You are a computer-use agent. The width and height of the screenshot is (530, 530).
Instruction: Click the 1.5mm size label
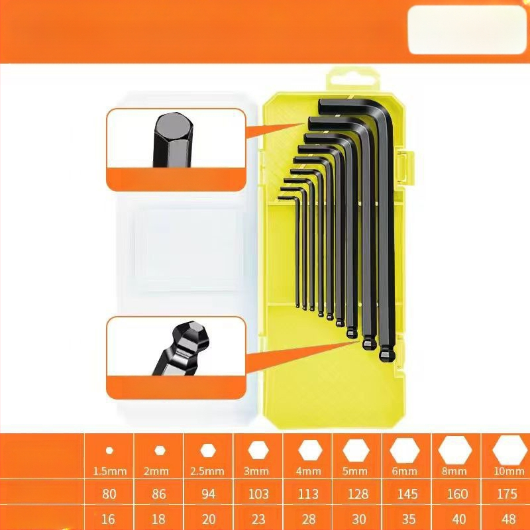coord(109,471)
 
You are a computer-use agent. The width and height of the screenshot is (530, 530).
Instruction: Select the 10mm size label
coord(509,471)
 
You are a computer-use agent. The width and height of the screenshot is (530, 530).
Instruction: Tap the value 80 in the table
coord(109,494)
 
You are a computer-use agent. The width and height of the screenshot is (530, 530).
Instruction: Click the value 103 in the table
coord(258,494)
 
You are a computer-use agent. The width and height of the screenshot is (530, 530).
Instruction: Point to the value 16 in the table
coord(109,519)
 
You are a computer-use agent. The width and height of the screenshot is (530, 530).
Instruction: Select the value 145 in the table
coord(404,494)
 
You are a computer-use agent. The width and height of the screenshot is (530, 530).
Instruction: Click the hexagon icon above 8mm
coord(454,450)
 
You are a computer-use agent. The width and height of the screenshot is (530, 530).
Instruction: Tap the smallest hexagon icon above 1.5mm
coord(109,450)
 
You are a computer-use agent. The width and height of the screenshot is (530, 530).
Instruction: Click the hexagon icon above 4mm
coord(309,450)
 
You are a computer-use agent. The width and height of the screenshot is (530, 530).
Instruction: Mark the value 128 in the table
coord(355,494)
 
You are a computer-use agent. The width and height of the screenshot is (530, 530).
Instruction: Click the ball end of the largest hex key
coord(386,355)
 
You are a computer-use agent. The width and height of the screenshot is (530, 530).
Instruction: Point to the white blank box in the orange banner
coord(468,30)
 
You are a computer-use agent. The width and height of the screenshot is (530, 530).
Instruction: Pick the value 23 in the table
coord(258,519)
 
